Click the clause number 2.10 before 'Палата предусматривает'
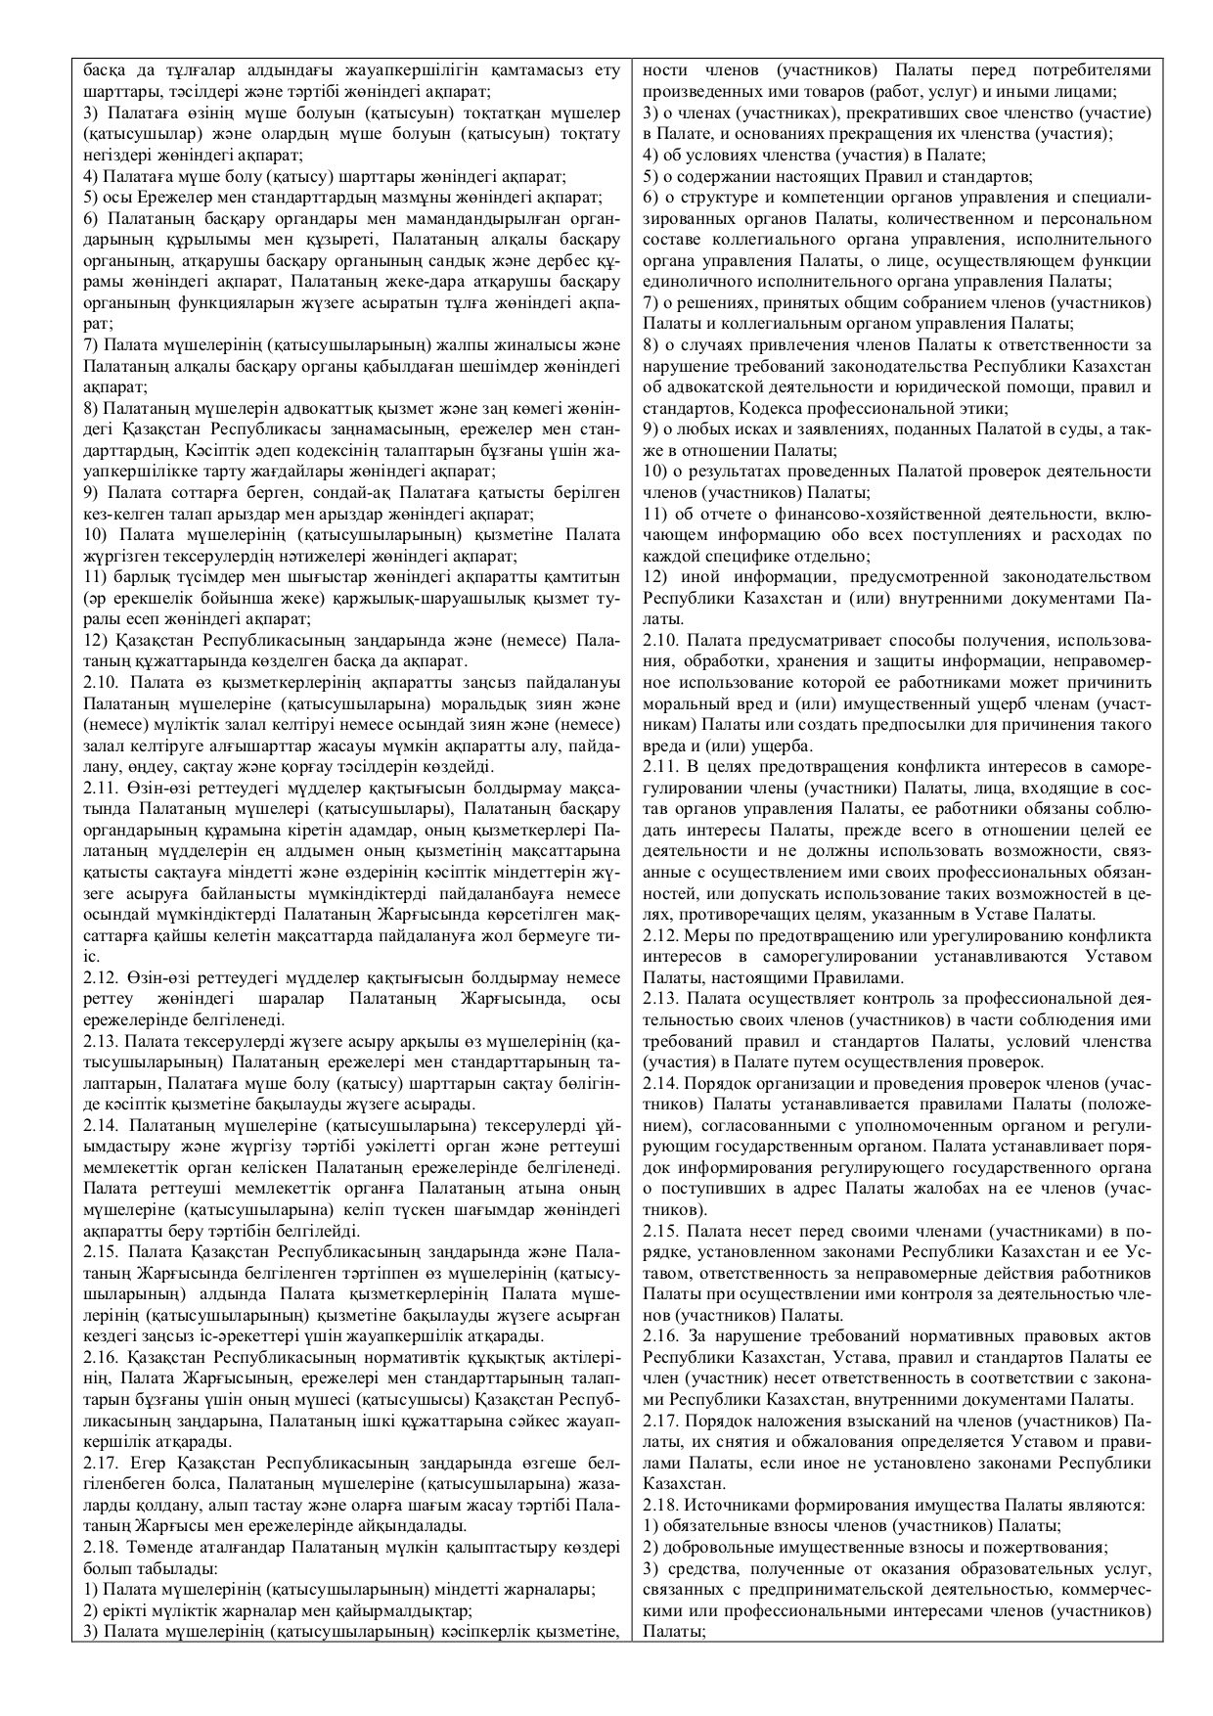660,641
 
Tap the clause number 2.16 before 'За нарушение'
660,1336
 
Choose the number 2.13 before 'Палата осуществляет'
660,999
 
